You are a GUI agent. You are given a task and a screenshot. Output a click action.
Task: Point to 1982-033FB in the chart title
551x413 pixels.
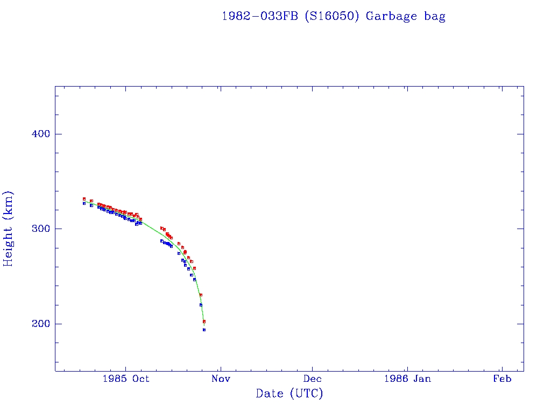click(x=260, y=16)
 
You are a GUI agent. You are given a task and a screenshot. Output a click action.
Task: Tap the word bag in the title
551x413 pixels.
click(x=435, y=17)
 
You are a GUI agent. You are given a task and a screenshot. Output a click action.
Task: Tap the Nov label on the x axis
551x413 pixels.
click(x=221, y=379)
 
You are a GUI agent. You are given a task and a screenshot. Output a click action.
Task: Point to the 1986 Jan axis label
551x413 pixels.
click(x=407, y=379)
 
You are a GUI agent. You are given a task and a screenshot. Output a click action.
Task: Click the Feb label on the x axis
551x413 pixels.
click(x=502, y=379)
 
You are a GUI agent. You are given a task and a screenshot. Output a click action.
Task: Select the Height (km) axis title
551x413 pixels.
click(x=9, y=229)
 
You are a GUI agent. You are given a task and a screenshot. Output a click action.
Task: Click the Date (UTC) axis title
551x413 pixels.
click(x=289, y=394)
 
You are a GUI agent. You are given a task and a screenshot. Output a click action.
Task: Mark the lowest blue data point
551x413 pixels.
click(x=204, y=330)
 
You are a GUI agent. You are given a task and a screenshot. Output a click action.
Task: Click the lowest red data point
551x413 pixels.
click(x=204, y=321)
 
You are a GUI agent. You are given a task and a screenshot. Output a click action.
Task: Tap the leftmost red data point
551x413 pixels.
click(x=84, y=198)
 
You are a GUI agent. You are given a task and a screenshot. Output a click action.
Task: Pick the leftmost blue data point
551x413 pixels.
click(x=84, y=203)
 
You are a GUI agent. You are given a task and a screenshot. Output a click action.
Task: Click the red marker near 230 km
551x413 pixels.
click(x=201, y=295)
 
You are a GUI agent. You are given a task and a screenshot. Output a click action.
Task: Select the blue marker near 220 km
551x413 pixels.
click(x=201, y=305)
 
